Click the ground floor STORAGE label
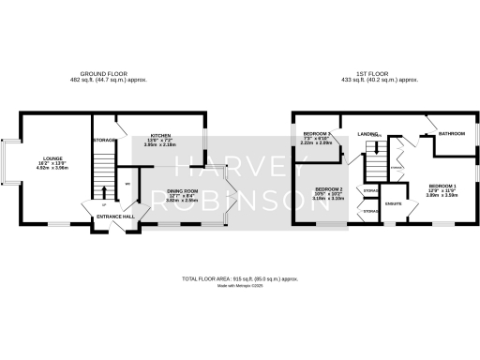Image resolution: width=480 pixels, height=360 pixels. (x=104, y=141)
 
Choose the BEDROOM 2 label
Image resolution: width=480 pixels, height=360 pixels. (x=328, y=189)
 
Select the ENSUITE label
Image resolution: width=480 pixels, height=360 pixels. (x=394, y=202)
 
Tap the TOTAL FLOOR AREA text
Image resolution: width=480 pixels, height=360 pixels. (x=240, y=279)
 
